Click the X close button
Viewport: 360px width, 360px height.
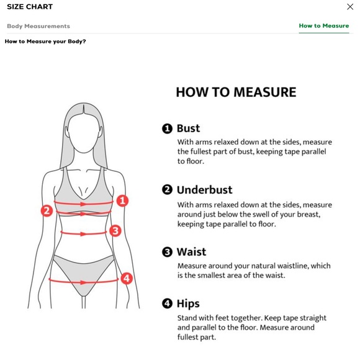350,7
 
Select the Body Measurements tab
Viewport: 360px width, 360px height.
38,26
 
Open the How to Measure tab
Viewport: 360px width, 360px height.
324,25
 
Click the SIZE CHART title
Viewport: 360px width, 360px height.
30,7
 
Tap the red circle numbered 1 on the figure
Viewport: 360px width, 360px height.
122,200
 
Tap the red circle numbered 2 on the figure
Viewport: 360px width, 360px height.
47,210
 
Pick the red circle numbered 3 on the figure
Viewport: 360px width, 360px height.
115,231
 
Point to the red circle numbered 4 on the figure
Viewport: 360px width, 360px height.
127,278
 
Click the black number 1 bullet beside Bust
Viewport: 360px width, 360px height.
167,128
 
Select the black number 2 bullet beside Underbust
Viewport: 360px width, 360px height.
167,190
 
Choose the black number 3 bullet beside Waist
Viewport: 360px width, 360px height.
167,252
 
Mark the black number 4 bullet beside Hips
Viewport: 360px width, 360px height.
167,304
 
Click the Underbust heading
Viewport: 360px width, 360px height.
205,190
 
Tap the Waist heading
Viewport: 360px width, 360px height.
191,251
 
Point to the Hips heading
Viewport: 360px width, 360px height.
188,304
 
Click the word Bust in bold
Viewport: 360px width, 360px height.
188,128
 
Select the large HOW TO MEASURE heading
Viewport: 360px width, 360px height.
236,92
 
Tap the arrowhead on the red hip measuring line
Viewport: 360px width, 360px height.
83,282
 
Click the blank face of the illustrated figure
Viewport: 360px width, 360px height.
84,133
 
